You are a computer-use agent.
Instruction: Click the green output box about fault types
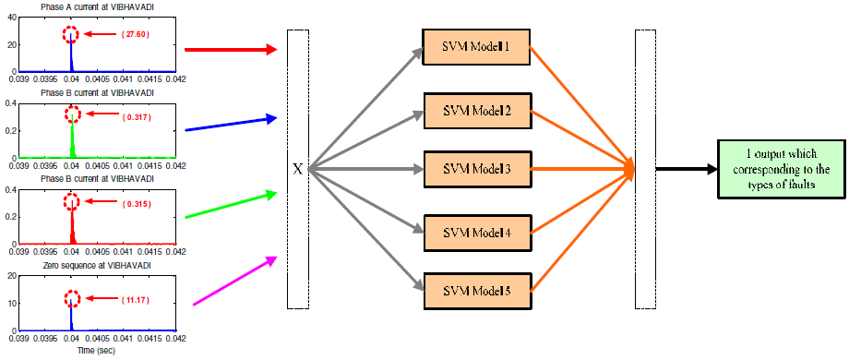point(781,169)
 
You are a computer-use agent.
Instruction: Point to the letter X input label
point(297,170)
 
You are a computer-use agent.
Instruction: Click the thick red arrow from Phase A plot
point(231,49)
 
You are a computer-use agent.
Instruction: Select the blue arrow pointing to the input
point(231,124)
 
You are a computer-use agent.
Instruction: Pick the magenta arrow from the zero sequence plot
point(234,280)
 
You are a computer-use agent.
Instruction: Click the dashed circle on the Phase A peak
point(71,35)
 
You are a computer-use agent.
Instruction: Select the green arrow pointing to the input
point(231,205)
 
